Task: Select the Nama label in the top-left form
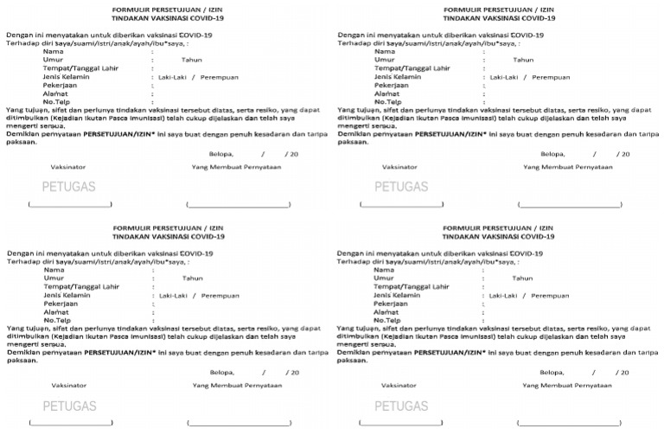tap(52, 51)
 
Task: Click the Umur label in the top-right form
tap(384, 60)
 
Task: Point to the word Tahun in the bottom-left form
tap(192, 278)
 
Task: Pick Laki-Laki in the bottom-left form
tap(176, 295)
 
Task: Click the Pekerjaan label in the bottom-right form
tap(391, 304)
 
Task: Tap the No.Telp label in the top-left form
tap(56, 102)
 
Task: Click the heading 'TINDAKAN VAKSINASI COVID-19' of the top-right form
tap(498, 17)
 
